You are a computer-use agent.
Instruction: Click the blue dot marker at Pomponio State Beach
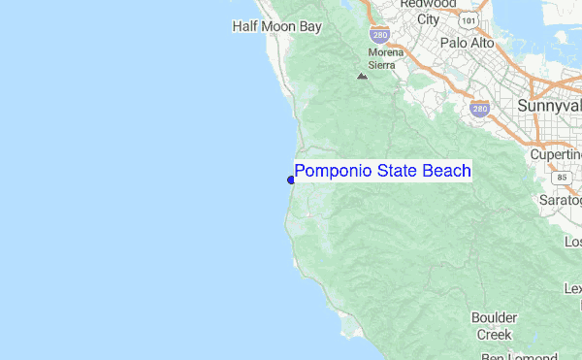click(x=291, y=179)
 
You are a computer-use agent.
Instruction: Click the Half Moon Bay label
click(x=275, y=27)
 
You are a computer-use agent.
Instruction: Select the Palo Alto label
click(x=467, y=44)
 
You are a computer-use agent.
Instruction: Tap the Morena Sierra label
click(x=381, y=58)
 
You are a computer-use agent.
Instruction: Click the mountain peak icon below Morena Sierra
click(x=362, y=76)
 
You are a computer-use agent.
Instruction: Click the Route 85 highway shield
click(x=562, y=178)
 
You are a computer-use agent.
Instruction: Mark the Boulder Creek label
click(x=494, y=326)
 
